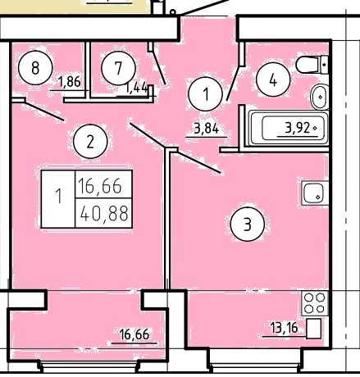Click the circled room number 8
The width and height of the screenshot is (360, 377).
(x=35, y=68)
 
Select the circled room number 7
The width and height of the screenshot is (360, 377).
(x=118, y=68)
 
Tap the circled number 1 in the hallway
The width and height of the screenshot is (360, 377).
(x=206, y=93)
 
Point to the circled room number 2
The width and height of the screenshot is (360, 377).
(x=90, y=142)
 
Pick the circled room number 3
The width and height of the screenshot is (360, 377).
(x=248, y=225)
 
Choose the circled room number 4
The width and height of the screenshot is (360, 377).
(x=273, y=79)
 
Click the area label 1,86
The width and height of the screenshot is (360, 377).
(x=70, y=82)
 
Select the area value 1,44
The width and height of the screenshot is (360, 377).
(x=136, y=89)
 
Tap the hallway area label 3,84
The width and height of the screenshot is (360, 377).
(x=207, y=129)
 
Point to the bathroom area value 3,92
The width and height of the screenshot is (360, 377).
(x=298, y=128)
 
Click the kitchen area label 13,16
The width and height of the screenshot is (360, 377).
(x=284, y=328)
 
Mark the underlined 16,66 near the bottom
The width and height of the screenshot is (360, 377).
(x=134, y=334)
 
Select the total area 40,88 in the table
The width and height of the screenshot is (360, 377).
(x=104, y=213)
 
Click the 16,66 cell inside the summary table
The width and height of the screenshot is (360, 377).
(x=100, y=186)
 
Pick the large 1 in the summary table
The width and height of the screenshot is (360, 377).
(x=58, y=196)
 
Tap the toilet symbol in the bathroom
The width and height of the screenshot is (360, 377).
(x=312, y=65)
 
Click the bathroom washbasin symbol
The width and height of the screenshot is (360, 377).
(x=319, y=97)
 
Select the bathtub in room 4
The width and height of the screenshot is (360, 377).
(x=289, y=128)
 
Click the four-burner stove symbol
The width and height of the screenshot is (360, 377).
(x=315, y=303)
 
